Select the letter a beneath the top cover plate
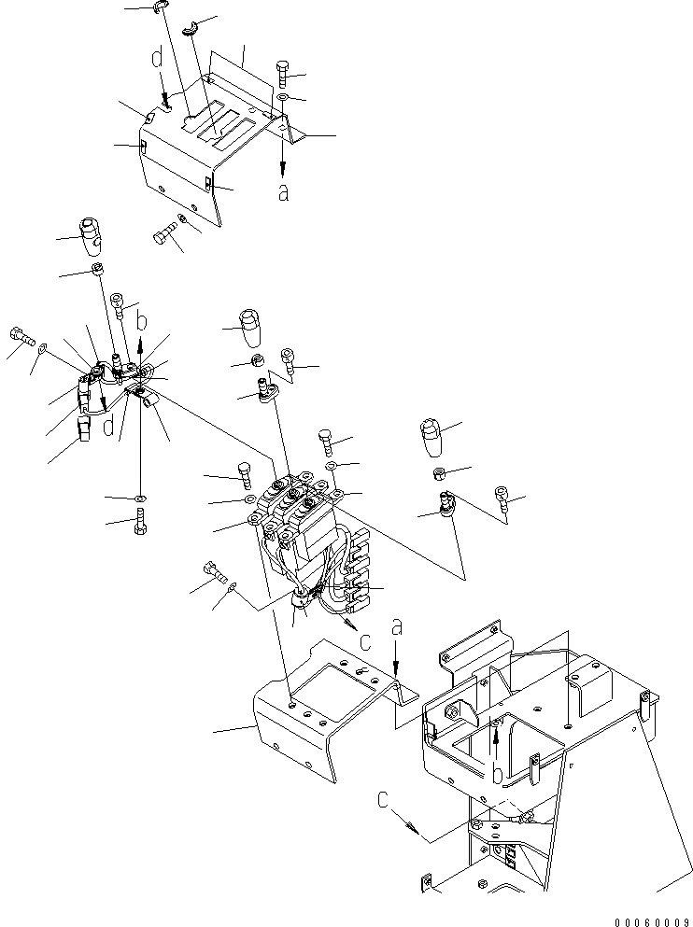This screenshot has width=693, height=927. (283, 191)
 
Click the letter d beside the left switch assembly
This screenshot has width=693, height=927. (109, 427)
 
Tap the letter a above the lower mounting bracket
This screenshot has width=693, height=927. (396, 631)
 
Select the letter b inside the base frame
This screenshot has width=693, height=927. (497, 773)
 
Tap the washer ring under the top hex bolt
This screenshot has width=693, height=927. (282, 98)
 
